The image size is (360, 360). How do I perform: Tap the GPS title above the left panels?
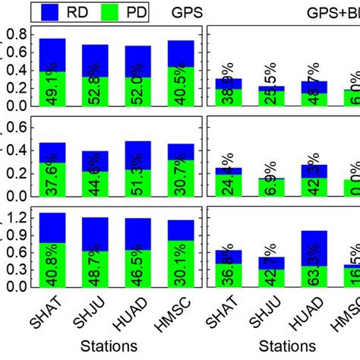(186, 12)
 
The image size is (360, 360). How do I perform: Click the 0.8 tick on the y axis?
(17, 34)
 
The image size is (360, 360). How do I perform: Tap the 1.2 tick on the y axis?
(17, 219)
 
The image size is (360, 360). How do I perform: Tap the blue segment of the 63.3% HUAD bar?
(314, 242)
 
